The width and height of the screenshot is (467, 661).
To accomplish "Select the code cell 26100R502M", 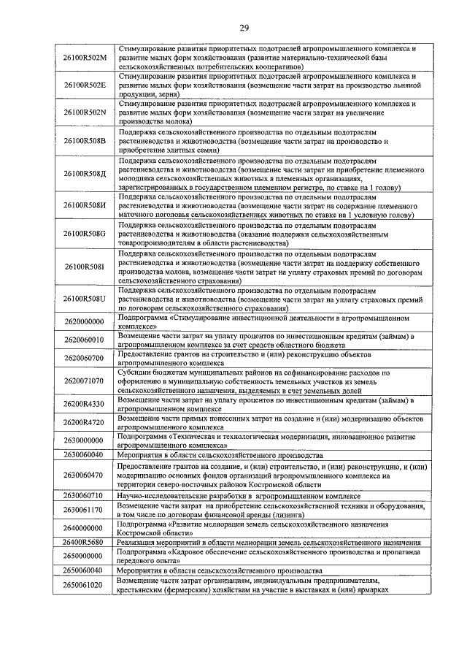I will coord(85,57).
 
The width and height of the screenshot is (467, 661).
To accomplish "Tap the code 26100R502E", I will coord(85,85).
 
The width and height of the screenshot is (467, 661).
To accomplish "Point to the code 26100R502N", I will coord(85,112).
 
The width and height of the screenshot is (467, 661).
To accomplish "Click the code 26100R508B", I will coord(85,140).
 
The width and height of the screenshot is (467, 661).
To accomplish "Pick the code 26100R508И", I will coord(85,206).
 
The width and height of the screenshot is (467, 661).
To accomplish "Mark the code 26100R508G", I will coord(85,234).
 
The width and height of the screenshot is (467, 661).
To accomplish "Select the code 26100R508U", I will coord(85,299).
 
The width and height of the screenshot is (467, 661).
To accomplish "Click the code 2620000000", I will coord(85,321).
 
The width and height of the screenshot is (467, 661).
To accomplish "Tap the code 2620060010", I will coord(85,340).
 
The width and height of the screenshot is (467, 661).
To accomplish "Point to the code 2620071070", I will coord(85,381).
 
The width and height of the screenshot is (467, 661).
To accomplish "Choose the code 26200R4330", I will coord(85,404).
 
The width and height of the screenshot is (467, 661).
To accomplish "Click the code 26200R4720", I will coord(85,422).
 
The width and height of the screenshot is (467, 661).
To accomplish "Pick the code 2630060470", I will coord(85,475).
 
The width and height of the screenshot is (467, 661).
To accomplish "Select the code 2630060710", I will coord(85,496).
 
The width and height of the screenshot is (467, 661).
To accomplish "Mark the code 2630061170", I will coord(85,510).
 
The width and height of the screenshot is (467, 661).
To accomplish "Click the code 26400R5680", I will coord(85,542).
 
